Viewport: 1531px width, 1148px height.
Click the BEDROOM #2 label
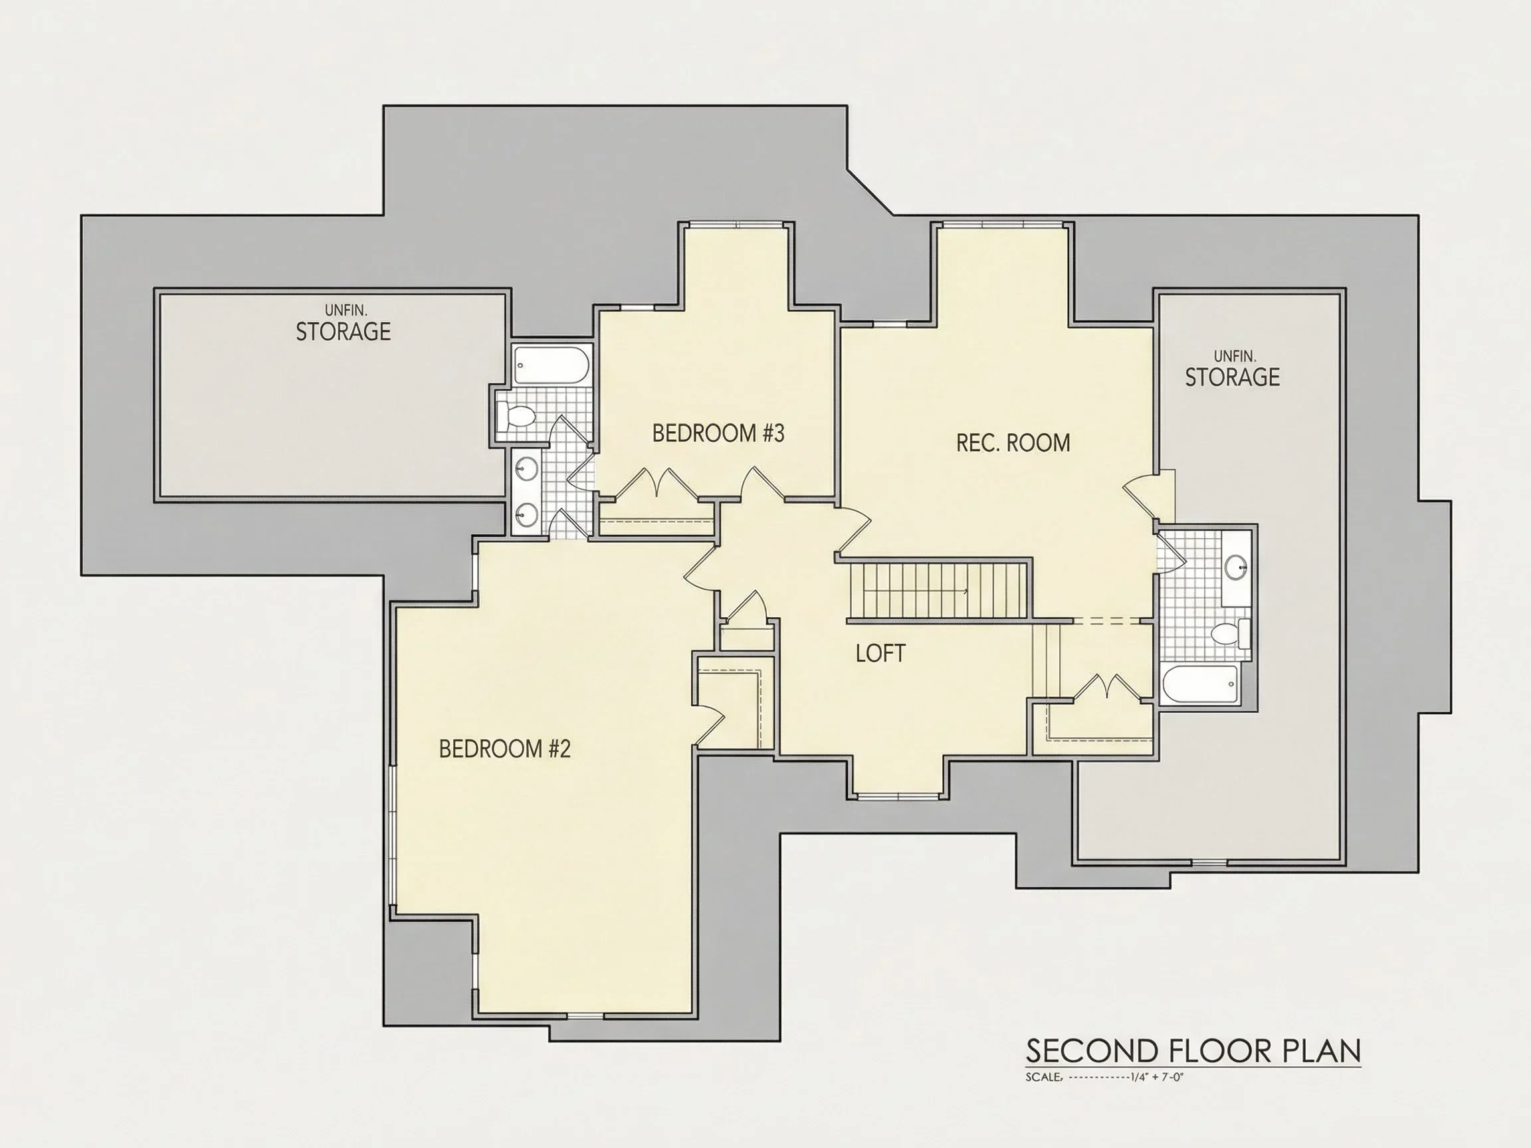point(504,749)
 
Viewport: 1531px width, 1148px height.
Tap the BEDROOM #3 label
point(718,433)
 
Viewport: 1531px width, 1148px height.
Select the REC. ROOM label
point(1013,443)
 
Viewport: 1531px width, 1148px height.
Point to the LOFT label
point(880,653)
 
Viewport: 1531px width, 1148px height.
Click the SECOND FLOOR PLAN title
point(1193,1050)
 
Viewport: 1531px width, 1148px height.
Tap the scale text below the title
point(1108,1078)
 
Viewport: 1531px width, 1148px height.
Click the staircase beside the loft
point(938,589)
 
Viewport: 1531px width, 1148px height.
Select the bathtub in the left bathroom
point(552,365)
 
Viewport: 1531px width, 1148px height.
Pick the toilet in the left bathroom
point(516,417)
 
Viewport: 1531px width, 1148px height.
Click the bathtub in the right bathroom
point(1200,684)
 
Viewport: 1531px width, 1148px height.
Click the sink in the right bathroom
point(1235,568)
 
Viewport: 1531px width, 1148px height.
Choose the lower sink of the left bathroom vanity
point(527,514)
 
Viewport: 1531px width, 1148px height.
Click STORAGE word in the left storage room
point(344,332)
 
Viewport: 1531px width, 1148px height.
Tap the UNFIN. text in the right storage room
point(1235,356)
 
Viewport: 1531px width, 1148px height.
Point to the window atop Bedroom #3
point(736,224)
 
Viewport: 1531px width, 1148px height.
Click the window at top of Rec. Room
point(1003,224)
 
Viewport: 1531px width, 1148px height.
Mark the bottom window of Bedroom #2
point(585,1016)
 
